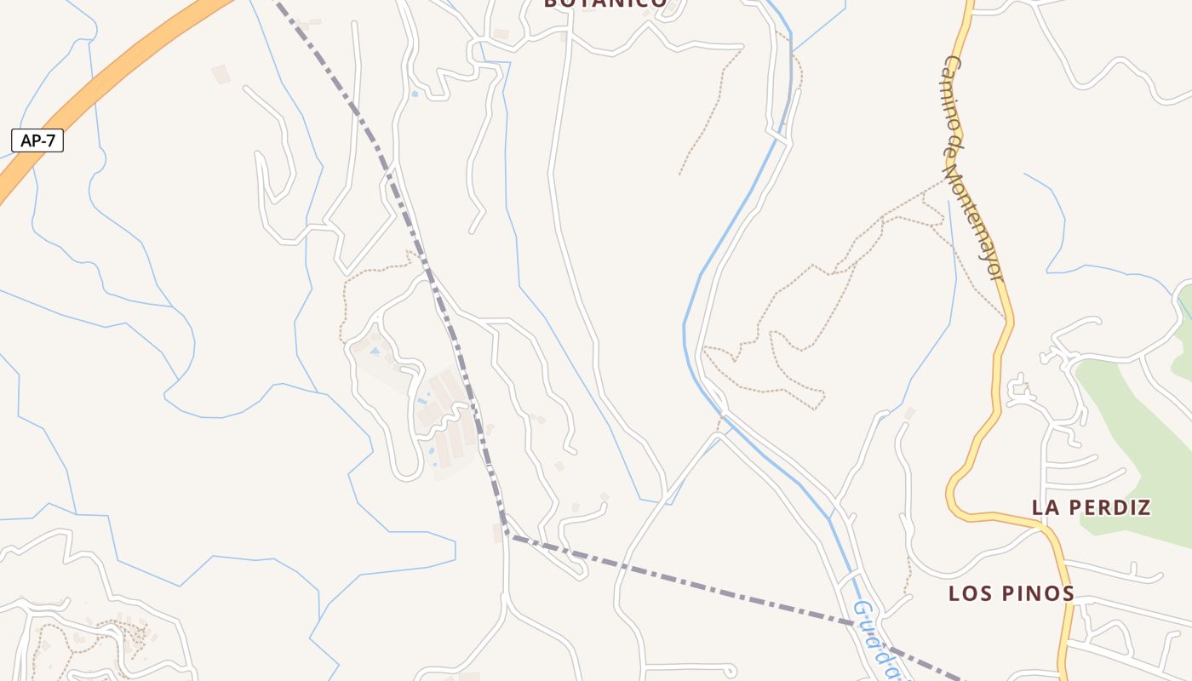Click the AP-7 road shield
[x=37, y=140]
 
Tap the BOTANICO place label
[x=605, y=3]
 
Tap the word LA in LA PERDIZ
[x=1046, y=507]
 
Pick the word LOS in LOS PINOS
[x=971, y=593]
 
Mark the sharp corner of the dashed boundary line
[x=507, y=535]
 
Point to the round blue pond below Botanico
[x=415, y=94]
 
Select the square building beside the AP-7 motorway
[x=221, y=74]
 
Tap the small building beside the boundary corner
[x=497, y=534]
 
